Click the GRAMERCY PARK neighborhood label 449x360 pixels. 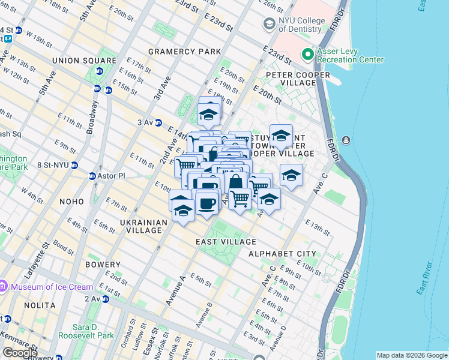coord(185,52)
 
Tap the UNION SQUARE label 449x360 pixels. coord(84,61)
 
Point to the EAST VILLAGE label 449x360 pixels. coord(226,242)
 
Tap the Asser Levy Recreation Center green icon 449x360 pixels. coord(308,55)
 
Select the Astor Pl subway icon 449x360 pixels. coord(92,176)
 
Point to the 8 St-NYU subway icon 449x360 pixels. coord(74,165)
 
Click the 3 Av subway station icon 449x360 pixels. coord(158,122)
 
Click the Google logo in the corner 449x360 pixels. coord(19,353)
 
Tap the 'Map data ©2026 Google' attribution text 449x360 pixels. coord(411,355)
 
